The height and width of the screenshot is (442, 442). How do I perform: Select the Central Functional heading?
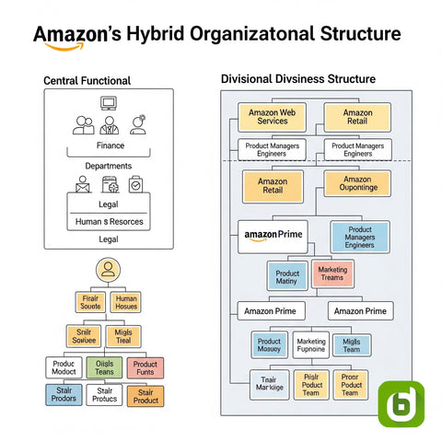[87, 81]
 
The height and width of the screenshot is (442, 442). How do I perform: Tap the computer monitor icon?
[109, 103]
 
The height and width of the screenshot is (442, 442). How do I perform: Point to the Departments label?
[108, 166]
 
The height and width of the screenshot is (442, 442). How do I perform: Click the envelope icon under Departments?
[82, 185]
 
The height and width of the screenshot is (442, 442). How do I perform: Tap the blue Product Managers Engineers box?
[359, 236]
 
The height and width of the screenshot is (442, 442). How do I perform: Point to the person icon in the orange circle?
[109, 271]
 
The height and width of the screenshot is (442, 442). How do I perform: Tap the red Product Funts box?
[145, 368]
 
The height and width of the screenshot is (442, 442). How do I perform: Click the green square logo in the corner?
[401, 402]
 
